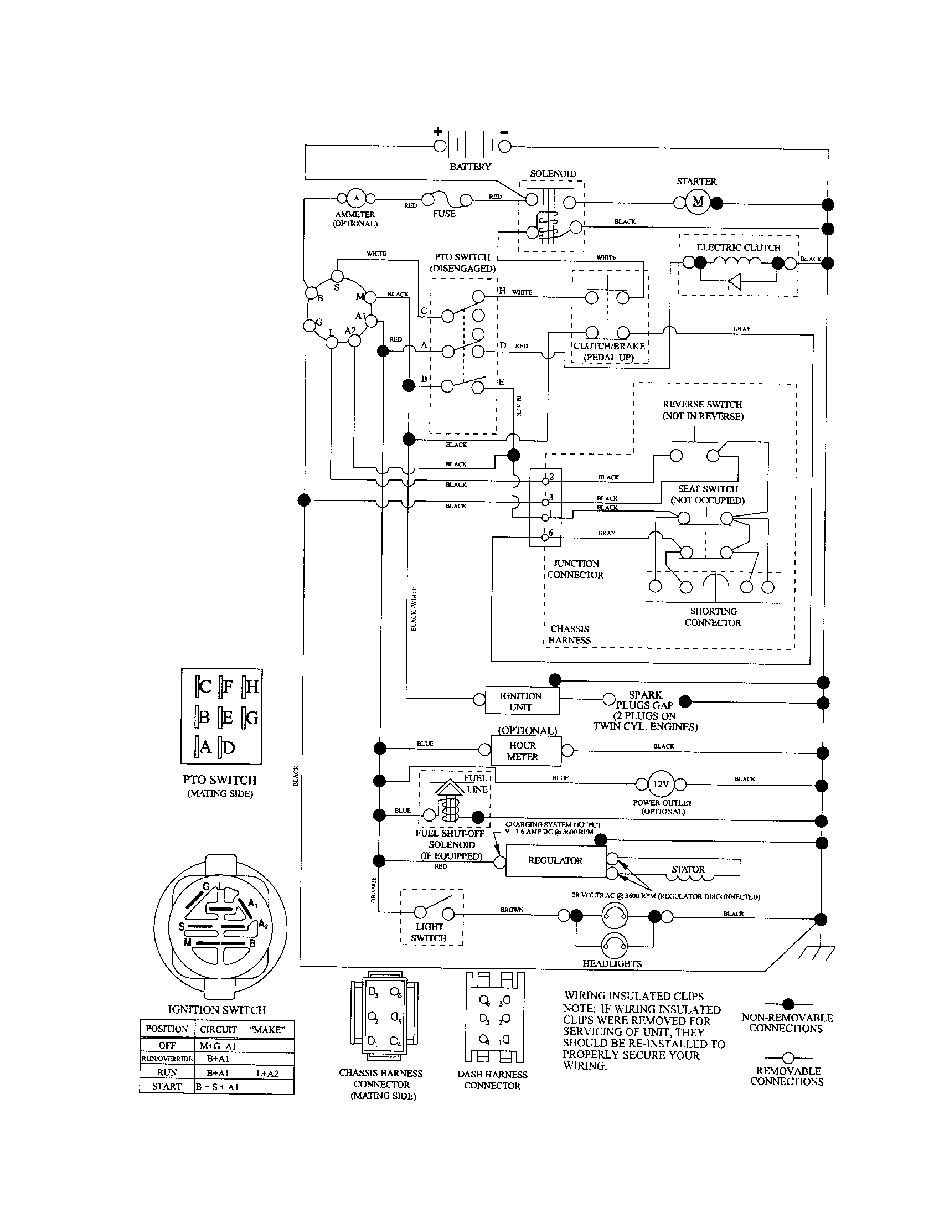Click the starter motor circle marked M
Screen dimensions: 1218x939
click(x=698, y=202)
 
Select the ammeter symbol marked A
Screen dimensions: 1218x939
click(x=356, y=198)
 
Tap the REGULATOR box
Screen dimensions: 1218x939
click(x=555, y=860)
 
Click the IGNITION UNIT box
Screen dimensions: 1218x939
click(x=521, y=701)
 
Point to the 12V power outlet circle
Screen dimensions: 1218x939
click(x=661, y=784)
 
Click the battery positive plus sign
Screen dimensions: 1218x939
click(x=438, y=132)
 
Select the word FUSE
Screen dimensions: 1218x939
click(x=444, y=214)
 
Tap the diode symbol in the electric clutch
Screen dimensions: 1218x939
click(x=734, y=282)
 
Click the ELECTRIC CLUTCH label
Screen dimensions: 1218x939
click(x=738, y=247)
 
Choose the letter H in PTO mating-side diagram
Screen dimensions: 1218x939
click(x=252, y=687)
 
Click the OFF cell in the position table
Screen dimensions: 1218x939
click(x=167, y=1046)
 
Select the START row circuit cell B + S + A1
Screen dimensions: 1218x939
click(x=217, y=1087)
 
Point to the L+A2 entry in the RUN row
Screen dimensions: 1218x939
click(x=267, y=1073)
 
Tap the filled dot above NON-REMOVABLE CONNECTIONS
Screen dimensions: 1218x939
click(x=788, y=1004)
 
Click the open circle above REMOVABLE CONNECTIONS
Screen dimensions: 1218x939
click(x=788, y=1058)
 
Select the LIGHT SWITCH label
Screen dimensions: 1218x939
click(x=428, y=932)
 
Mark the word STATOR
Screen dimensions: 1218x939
click(x=688, y=869)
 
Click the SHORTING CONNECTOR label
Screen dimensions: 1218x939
click(x=713, y=617)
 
